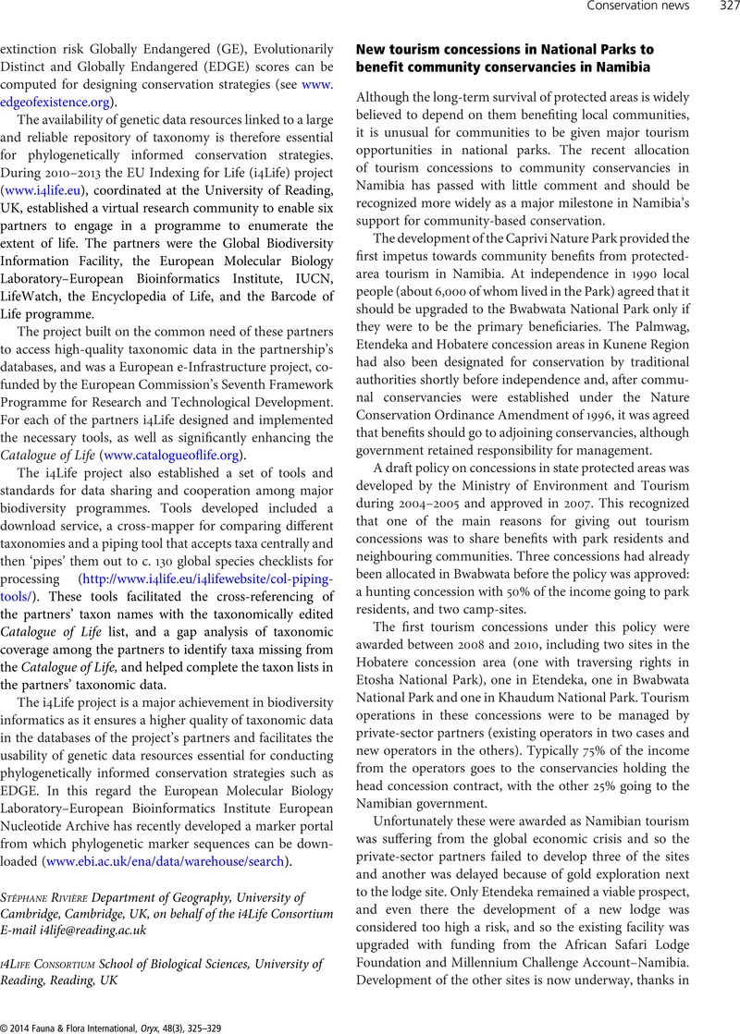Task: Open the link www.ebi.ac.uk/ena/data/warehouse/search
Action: (x=166, y=862)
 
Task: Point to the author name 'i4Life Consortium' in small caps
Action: (x=55, y=963)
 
